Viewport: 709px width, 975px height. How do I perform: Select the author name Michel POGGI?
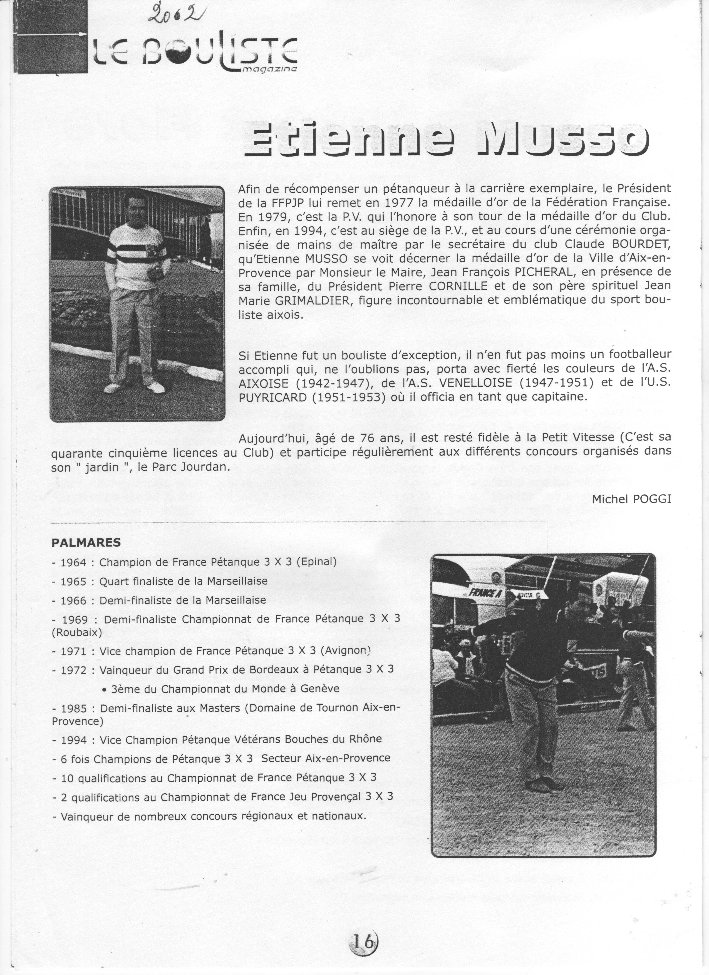pos(631,499)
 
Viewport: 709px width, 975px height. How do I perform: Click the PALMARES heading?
pos(86,542)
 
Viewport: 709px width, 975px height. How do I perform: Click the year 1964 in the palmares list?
pos(74,562)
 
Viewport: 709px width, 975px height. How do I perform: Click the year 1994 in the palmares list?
pos(74,740)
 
